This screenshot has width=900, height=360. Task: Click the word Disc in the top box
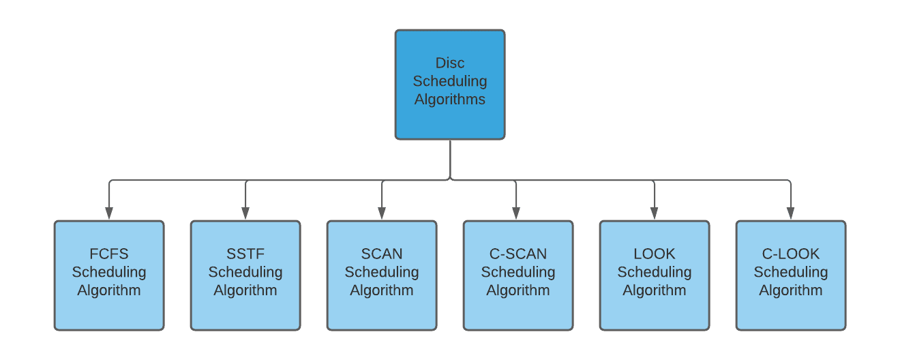click(450, 63)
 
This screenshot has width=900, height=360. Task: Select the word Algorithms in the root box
click(450, 100)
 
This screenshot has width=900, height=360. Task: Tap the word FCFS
click(109, 254)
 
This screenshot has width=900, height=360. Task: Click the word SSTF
click(245, 254)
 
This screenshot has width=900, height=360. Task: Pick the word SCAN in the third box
click(382, 254)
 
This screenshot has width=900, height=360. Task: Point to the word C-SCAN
click(518, 254)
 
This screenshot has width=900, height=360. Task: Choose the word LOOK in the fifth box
click(655, 254)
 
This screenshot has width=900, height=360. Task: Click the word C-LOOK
click(791, 254)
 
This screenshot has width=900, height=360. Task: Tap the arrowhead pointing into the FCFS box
click(109, 213)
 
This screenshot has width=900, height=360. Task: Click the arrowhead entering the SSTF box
click(245, 213)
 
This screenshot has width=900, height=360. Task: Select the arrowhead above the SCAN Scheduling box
click(382, 213)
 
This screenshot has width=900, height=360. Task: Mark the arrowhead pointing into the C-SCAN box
click(515, 213)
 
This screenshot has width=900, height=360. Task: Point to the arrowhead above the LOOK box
click(655, 213)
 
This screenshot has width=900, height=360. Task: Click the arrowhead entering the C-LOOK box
click(791, 213)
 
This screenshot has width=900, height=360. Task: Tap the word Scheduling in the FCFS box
click(109, 272)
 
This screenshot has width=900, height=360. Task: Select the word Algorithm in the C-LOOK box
click(791, 290)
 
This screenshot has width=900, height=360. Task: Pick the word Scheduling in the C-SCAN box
click(518, 272)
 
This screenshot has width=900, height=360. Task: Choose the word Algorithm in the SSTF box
click(245, 290)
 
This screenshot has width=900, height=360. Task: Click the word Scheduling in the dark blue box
click(450, 81)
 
